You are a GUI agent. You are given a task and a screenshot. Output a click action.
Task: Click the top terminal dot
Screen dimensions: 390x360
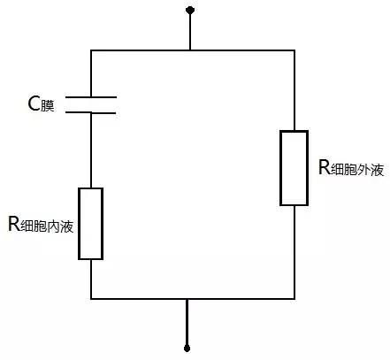(x=190, y=11)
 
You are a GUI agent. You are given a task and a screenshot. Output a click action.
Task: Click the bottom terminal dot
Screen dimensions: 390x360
(x=187, y=349)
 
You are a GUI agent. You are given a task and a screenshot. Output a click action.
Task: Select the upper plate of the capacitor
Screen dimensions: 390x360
(x=91, y=96)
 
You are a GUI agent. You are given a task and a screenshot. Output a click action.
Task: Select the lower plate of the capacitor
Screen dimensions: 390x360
(x=91, y=112)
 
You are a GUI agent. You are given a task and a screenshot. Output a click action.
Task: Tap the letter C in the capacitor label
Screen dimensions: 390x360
(x=34, y=103)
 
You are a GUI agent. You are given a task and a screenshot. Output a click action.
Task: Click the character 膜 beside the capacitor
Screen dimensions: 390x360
(x=47, y=106)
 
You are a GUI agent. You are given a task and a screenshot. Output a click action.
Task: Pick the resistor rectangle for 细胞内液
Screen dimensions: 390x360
(x=90, y=224)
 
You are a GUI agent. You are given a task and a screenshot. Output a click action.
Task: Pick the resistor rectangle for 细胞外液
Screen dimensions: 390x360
(x=294, y=168)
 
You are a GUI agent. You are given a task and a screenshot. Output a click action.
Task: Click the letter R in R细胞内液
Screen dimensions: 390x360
(x=13, y=224)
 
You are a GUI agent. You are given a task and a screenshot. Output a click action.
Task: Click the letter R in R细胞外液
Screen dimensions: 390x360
(x=325, y=167)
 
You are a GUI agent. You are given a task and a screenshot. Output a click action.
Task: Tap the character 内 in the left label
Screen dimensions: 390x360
(x=53, y=226)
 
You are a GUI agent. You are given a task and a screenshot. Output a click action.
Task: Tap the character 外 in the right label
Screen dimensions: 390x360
(x=363, y=170)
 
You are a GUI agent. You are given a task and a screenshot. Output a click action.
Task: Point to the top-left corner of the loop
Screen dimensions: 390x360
(x=91, y=50)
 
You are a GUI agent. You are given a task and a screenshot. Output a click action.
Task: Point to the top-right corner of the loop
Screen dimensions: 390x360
(x=294, y=50)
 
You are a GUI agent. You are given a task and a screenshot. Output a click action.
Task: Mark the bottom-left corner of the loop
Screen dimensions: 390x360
(x=91, y=299)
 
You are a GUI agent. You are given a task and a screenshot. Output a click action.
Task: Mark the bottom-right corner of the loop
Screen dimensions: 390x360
(x=294, y=299)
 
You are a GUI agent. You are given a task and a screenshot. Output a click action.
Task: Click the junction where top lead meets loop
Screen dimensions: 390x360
(x=190, y=50)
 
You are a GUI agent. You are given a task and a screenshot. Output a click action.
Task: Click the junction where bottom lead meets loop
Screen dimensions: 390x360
(x=187, y=299)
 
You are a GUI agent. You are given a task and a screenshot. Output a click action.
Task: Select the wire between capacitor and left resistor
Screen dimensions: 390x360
(x=91, y=150)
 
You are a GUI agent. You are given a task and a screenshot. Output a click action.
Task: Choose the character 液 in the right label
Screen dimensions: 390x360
(x=378, y=170)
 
